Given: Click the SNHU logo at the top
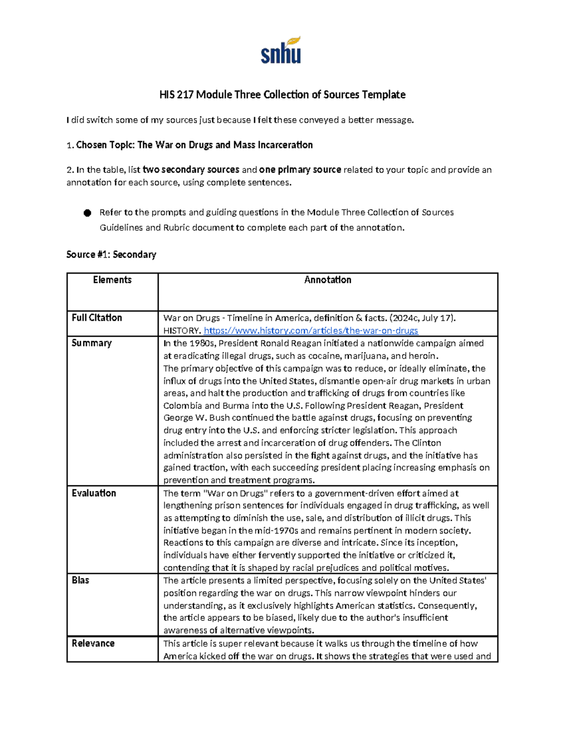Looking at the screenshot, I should tap(281, 50).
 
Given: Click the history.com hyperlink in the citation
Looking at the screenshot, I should tap(311, 330).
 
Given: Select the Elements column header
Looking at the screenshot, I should tap(112, 280).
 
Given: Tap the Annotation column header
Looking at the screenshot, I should tap(328, 280).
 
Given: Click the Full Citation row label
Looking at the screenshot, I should tap(97, 318).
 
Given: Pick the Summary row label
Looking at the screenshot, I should tap(91, 343).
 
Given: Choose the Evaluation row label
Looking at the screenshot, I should tap(94, 493).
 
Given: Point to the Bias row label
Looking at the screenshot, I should tap(80, 580).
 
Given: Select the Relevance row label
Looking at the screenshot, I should tap(93, 643).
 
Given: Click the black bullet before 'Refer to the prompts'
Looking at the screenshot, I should tap(87, 213).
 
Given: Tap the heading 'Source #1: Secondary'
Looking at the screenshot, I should tap(111, 255).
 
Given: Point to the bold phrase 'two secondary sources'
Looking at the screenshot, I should tap(191, 170).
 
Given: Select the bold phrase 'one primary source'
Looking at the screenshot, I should tap(300, 170).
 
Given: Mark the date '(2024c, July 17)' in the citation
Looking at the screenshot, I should tap(422, 318).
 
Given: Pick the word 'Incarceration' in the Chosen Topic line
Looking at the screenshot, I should tap(285, 145).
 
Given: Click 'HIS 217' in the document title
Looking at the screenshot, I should tap(176, 95).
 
